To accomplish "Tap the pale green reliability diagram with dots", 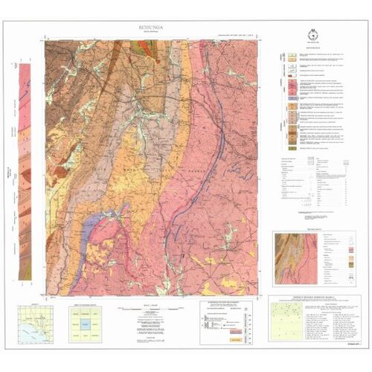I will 289,320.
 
